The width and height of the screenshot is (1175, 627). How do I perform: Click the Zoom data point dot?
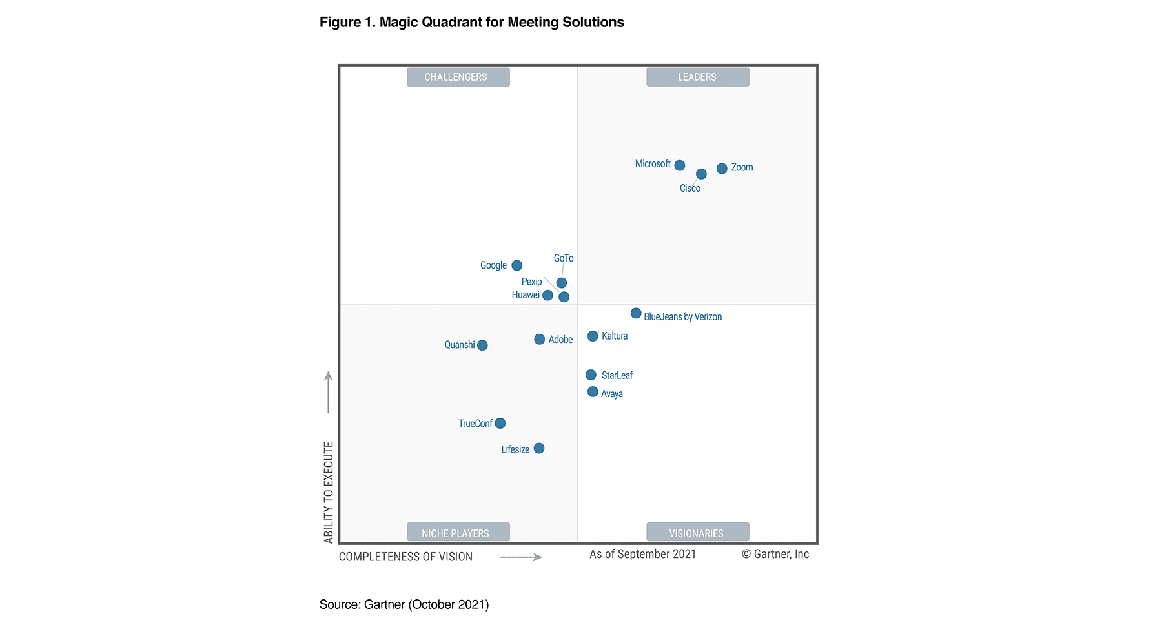722,169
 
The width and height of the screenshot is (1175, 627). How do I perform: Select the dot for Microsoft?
679,165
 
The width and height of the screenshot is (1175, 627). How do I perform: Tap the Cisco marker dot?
701,174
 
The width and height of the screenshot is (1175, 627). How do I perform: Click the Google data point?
516,265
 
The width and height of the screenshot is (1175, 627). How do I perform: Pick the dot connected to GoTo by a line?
562,283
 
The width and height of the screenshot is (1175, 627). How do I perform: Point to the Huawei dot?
547,295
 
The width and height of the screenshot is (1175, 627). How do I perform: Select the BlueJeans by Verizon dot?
636,313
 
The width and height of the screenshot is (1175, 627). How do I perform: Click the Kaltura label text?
614,336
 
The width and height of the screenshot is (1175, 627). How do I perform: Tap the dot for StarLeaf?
591,375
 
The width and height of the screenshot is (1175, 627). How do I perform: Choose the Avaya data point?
593,392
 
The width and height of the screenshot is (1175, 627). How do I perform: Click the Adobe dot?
539,339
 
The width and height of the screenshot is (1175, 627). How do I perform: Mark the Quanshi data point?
482,345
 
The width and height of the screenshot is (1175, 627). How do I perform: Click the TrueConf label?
475,424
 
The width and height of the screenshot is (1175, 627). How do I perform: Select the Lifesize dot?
539,448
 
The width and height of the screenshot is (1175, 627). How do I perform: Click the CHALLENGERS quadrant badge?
458,77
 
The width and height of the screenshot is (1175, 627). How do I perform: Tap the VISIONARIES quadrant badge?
697,533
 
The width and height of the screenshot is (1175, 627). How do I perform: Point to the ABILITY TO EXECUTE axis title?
329,492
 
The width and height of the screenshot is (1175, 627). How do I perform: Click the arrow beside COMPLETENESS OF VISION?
521,557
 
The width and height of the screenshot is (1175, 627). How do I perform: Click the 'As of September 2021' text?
642,554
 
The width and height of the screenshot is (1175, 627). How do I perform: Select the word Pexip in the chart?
531,282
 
